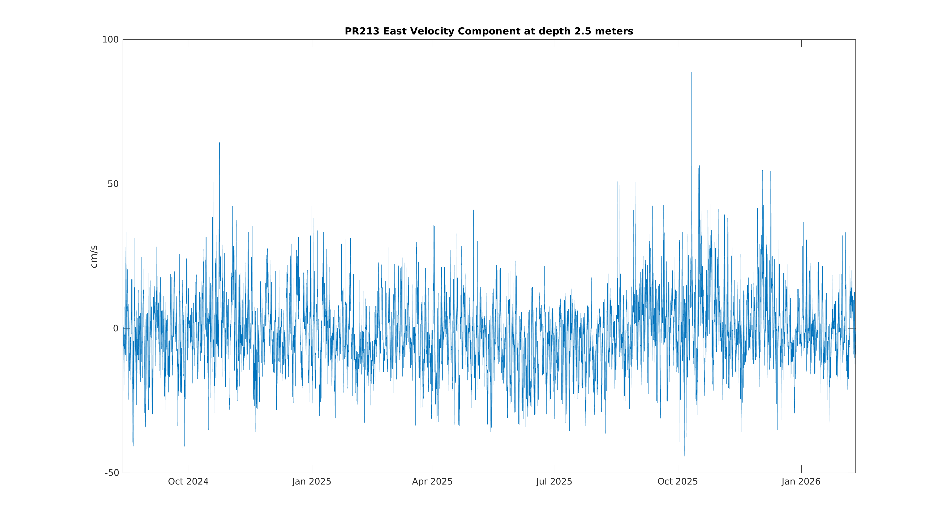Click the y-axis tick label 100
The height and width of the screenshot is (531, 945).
(110, 40)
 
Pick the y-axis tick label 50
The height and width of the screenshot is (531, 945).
(113, 184)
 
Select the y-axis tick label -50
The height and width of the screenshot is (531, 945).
(112, 473)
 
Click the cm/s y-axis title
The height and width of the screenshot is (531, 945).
(94, 257)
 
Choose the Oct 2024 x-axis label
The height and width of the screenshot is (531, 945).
(188, 481)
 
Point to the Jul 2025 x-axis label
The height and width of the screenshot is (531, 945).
(554, 481)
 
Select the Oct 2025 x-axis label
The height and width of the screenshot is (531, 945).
(678, 481)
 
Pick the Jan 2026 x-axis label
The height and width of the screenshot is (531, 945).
(801, 481)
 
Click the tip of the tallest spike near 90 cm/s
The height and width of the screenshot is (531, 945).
(691, 72)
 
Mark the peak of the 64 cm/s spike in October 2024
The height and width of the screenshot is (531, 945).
(219, 143)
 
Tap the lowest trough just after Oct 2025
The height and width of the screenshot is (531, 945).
(685, 456)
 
